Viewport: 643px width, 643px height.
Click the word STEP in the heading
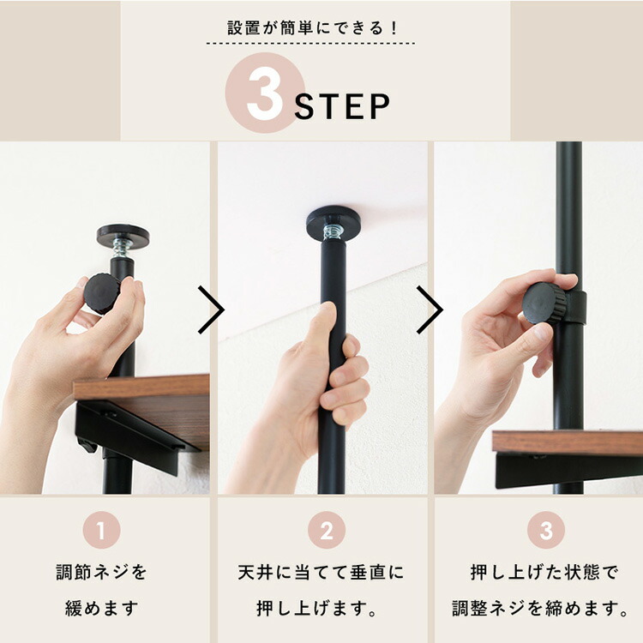342,106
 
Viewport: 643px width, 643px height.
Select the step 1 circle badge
100,531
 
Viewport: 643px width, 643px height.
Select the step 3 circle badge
546,531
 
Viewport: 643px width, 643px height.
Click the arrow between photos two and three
430,309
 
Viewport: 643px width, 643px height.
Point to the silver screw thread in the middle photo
333,231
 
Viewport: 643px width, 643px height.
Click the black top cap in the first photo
123,233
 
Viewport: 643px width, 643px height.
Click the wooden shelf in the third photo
566,442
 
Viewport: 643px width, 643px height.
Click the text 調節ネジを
102,572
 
